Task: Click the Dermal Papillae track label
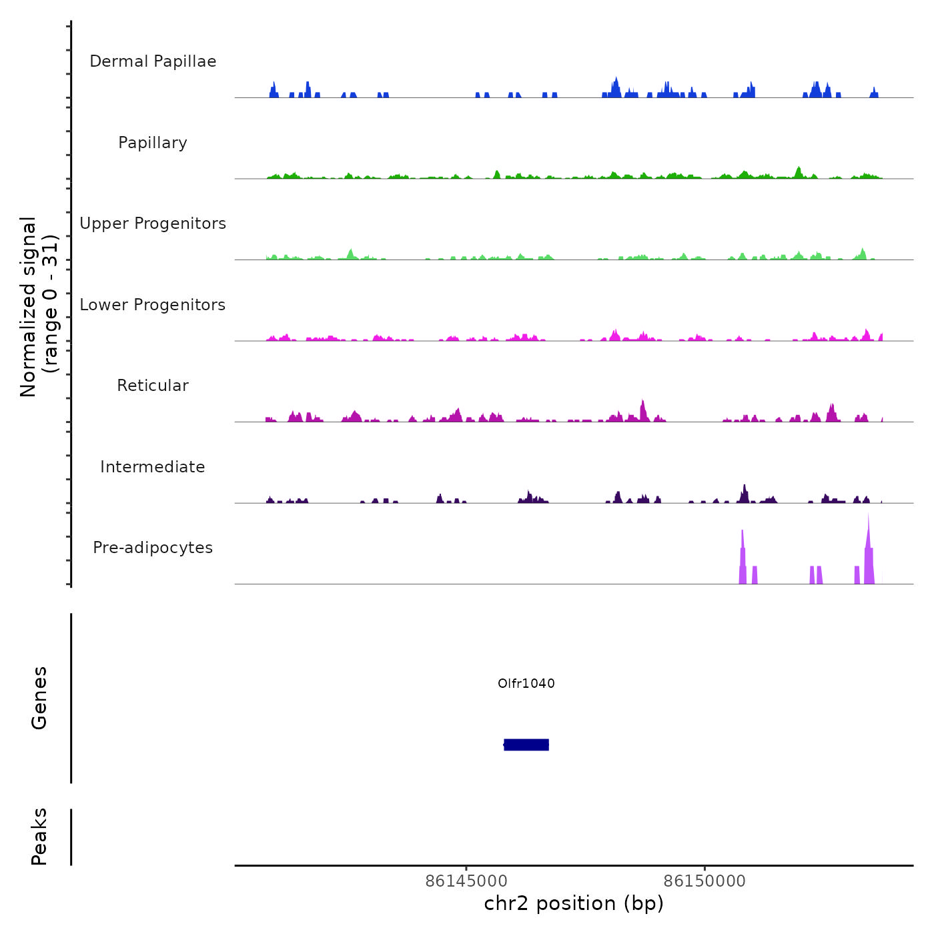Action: click(x=153, y=61)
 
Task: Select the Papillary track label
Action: click(x=153, y=143)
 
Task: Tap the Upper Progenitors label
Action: click(x=153, y=223)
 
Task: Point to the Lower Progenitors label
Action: click(x=153, y=305)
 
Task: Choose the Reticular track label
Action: click(x=153, y=386)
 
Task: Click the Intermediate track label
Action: click(x=153, y=467)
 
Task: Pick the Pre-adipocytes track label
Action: click(x=153, y=548)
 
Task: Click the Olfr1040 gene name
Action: click(x=526, y=683)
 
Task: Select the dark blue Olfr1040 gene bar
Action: click(x=526, y=745)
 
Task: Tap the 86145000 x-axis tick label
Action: click(x=466, y=881)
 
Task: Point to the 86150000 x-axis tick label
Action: click(x=705, y=881)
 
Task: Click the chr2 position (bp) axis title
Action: click(x=574, y=903)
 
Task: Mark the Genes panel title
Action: click(x=39, y=698)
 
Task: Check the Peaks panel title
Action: click(x=39, y=837)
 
